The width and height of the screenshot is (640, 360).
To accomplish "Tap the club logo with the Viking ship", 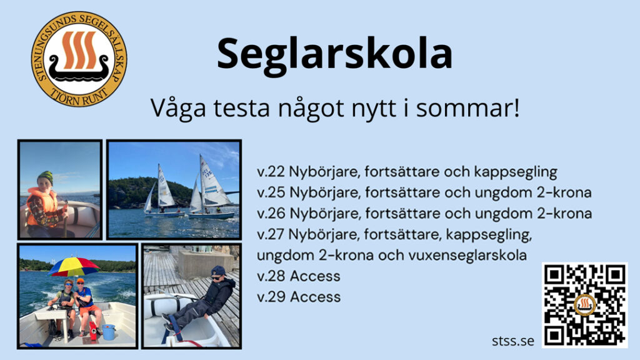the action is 79,59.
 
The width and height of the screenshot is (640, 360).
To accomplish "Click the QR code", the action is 584,305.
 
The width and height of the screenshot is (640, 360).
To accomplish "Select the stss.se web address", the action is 512,341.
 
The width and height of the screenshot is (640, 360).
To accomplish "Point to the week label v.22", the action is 271,172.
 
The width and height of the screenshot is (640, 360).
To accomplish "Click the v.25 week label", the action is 271,192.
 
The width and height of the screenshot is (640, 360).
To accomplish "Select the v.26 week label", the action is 271,214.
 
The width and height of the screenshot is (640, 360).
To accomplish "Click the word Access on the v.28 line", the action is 315,276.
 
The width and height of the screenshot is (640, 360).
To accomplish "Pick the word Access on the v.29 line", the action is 315,297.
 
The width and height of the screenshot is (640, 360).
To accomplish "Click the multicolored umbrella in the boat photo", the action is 74,266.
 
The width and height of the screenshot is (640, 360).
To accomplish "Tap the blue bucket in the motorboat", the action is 109,332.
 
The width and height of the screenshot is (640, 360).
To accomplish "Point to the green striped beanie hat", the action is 45,177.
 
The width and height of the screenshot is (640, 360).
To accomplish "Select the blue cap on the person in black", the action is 217,271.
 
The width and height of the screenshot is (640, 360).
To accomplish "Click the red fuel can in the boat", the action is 93,330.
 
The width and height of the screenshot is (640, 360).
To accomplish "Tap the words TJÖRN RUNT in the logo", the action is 79,97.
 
